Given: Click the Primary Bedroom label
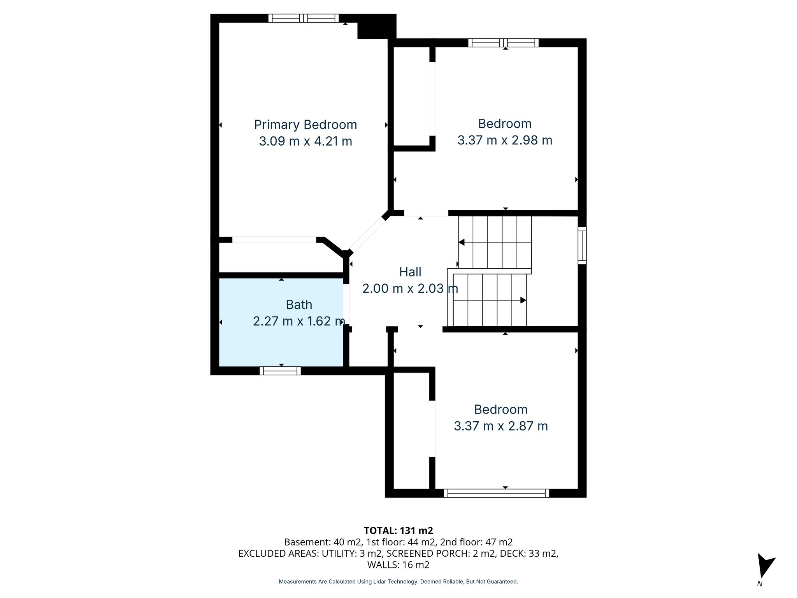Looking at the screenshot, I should click(x=305, y=125).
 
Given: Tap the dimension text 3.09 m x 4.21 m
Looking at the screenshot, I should click(x=305, y=141).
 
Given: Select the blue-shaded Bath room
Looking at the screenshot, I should click(x=280, y=343).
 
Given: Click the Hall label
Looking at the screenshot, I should click(x=410, y=272).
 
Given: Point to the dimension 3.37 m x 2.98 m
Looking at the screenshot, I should click(x=504, y=140).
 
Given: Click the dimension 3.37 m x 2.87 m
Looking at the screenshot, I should click(x=500, y=426).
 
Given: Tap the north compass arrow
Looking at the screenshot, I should click(x=765, y=570).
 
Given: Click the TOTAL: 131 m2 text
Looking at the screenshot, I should click(x=398, y=531).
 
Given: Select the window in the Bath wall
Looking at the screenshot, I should click(x=280, y=371).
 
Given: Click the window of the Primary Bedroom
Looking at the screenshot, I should click(x=304, y=18).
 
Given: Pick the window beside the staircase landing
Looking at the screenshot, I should click(x=582, y=246).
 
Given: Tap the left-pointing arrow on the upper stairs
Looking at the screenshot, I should click(x=462, y=243).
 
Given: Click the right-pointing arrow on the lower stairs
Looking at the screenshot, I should click(x=523, y=300).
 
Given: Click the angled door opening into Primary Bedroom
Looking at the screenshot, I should click(x=368, y=235).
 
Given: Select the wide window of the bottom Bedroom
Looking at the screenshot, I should click(x=496, y=493).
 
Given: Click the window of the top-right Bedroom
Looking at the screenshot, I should click(x=503, y=43).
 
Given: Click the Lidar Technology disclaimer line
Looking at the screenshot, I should click(x=398, y=582).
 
